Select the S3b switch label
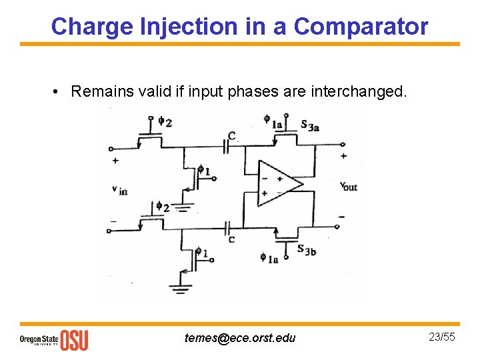(306, 250)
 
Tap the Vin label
(119, 190)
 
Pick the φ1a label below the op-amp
(269, 257)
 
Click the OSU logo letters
(74, 340)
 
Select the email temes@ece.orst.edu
(240, 338)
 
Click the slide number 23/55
(441, 337)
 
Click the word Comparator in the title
(361, 27)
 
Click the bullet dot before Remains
(59, 91)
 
